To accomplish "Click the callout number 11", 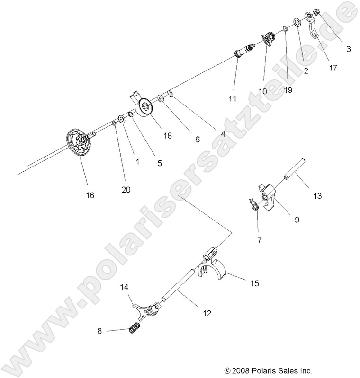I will pos(232,98).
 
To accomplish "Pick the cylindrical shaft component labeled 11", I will pos(245,50).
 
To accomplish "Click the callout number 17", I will pos(333,68).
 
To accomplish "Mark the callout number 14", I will pos(124,287).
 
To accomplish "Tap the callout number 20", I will pos(112,189).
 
